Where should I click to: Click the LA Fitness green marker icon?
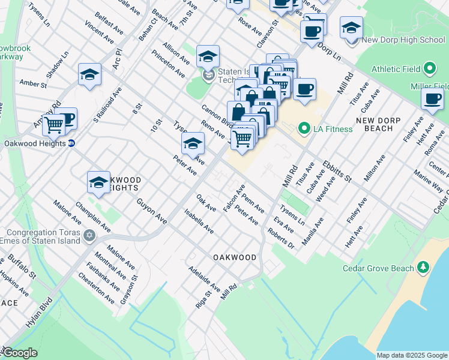(x=304, y=128)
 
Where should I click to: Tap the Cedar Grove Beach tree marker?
(x=424, y=266)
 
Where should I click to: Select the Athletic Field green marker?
(x=430, y=68)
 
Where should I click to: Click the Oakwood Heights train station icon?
(x=71, y=143)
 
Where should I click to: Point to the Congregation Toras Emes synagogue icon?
(x=89, y=235)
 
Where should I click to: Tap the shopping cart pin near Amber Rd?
(x=54, y=124)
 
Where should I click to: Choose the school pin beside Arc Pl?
(x=89, y=74)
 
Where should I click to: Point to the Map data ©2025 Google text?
(x=412, y=355)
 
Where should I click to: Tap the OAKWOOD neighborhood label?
(x=235, y=257)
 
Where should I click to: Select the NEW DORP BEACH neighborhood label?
(x=382, y=124)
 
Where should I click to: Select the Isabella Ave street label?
(x=199, y=221)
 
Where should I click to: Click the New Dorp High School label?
(x=403, y=40)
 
